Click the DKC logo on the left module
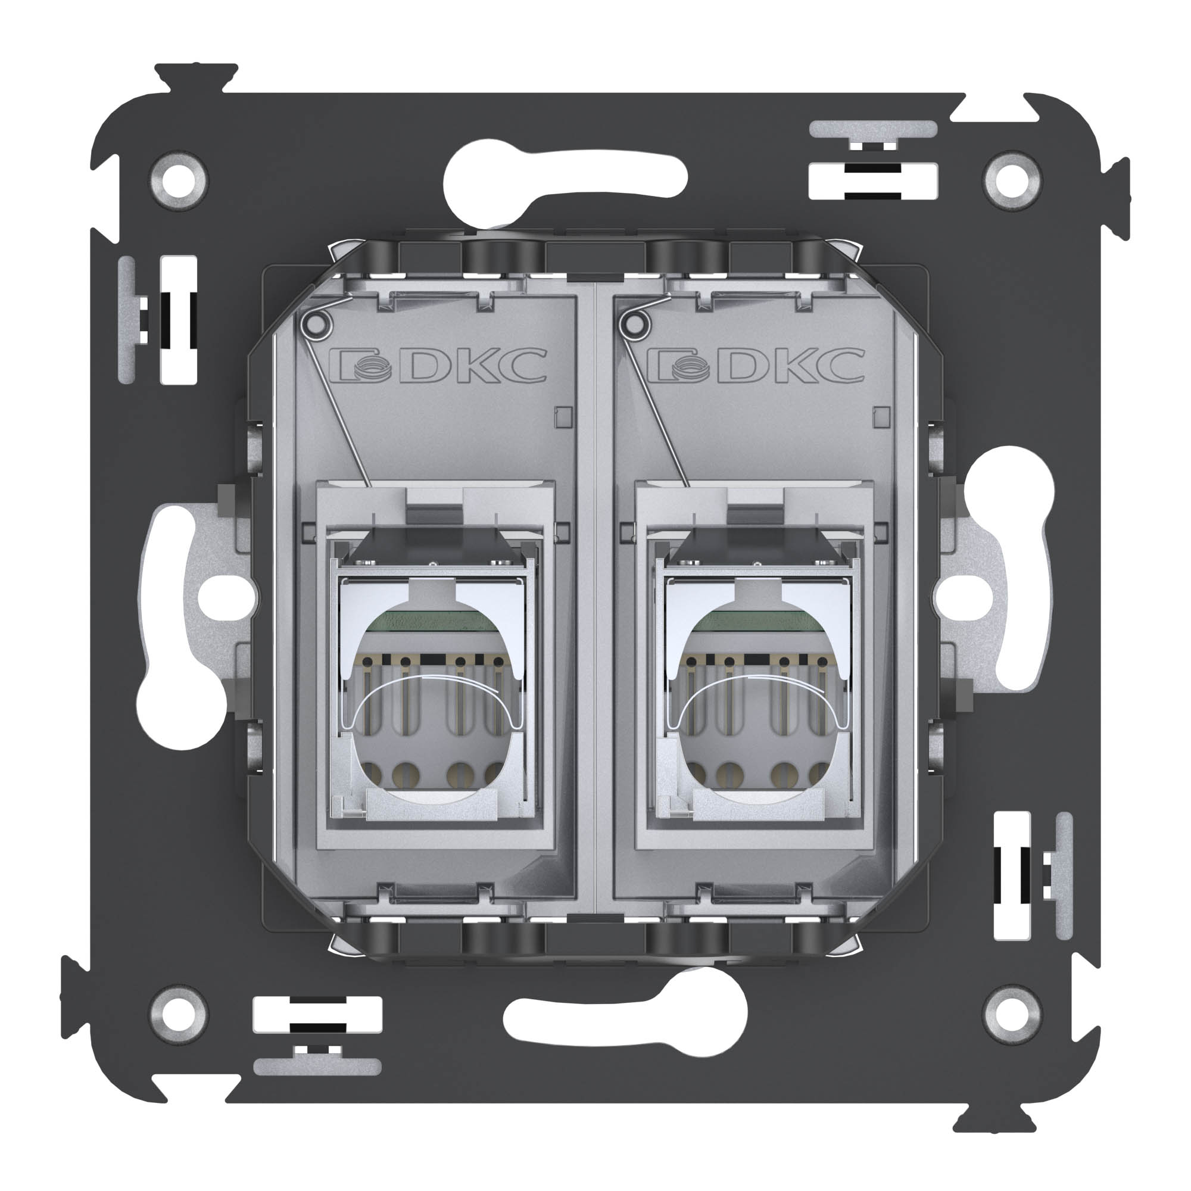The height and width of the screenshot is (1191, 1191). (x=438, y=366)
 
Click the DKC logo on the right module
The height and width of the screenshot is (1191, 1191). (x=756, y=366)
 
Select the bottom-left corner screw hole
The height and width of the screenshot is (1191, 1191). (x=179, y=1014)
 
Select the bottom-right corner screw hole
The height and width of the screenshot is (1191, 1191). (x=1012, y=1014)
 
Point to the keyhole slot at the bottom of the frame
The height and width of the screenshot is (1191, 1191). (x=626, y=1016)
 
